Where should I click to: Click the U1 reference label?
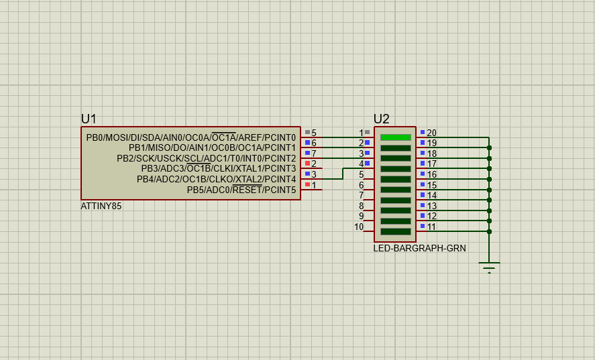(89, 119)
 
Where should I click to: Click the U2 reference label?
(381, 119)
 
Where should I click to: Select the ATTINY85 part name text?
(101, 206)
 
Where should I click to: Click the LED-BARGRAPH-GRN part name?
(419, 248)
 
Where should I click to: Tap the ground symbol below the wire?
(489, 267)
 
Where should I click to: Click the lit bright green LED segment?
(395, 137)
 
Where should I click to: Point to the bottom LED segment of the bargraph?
(395, 231)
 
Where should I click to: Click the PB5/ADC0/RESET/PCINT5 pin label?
(241, 190)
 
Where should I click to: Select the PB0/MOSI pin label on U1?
(191, 137)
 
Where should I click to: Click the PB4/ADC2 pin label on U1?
(216, 180)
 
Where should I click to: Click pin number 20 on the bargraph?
(431, 133)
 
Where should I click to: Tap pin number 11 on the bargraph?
(431, 227)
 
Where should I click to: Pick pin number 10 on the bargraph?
(359, 227)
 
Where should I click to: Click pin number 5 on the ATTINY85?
(313, 133)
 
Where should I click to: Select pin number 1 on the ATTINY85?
(313, 185)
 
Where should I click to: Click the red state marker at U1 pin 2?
(307, 164)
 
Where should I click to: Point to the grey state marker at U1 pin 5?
(307, 132)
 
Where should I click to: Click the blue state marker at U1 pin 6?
(307, 143)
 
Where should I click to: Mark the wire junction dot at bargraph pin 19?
(489, 147)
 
